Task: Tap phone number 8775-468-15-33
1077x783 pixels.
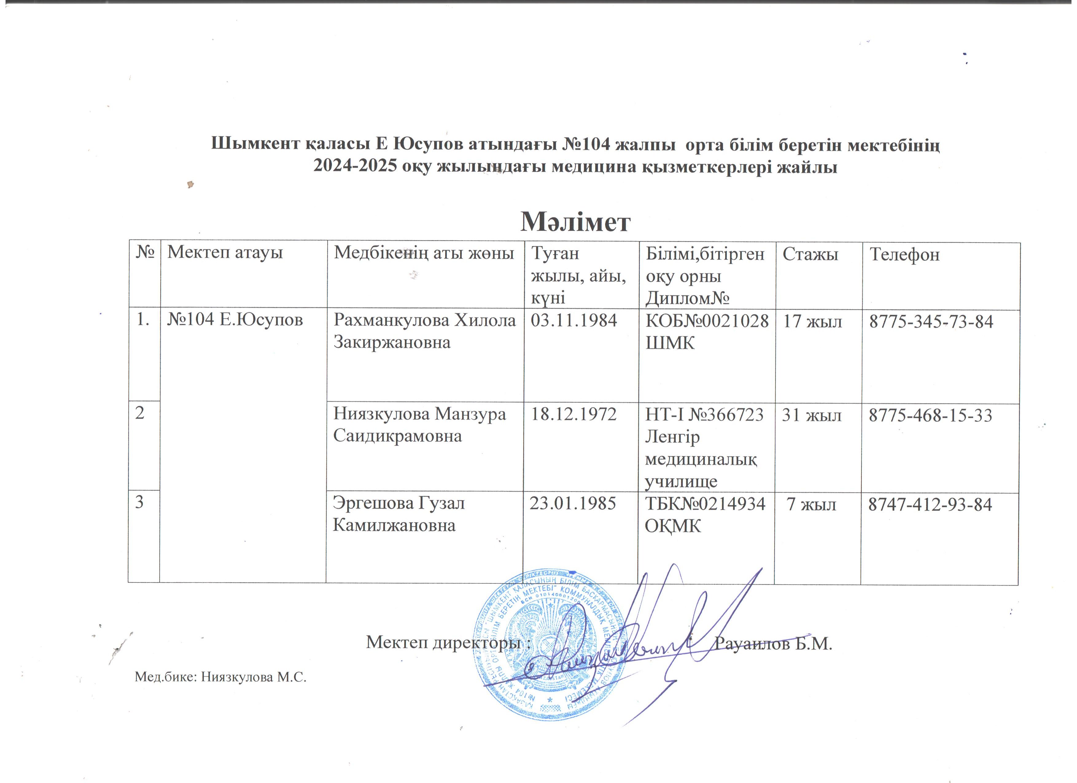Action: tap(930, 415)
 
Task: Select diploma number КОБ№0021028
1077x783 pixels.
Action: tap(707, 322)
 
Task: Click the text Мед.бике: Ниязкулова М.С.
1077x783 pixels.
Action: tap(221, 677)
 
